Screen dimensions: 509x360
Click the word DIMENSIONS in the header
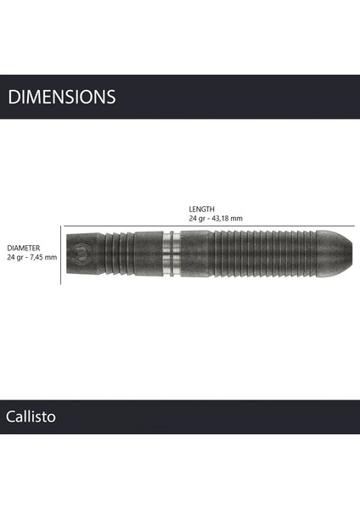point(61,97)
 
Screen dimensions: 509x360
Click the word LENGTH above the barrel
point(202,209)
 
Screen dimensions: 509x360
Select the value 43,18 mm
point(227,218)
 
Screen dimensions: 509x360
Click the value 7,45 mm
point(43,257)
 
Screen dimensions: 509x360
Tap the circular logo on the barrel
point(81,252)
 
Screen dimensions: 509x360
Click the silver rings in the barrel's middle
point(172,252)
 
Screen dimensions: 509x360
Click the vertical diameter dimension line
point(61,254)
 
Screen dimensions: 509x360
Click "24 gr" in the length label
point(197,218)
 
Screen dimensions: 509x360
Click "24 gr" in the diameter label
point(14,257)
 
